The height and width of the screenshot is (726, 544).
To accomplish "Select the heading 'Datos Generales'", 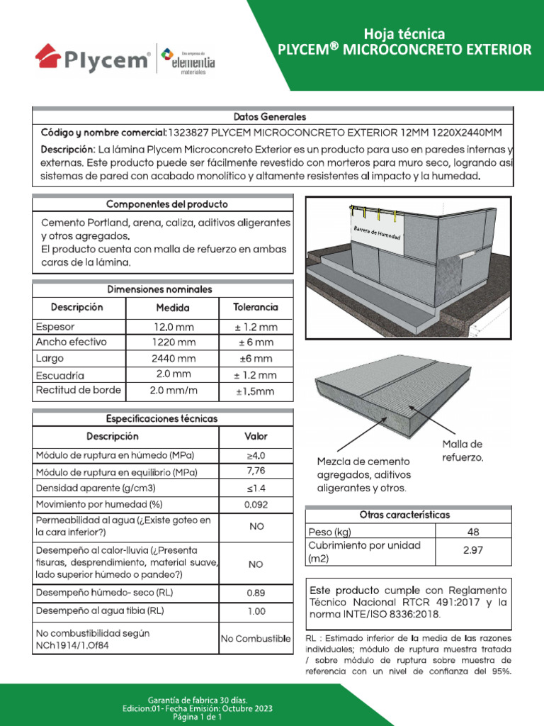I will pos(270,116).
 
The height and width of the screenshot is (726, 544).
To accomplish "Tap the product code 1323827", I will pos(189,133).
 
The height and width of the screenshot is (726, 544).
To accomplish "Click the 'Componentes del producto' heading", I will pos(167,204).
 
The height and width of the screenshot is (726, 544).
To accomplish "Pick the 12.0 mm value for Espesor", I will pos(173,328).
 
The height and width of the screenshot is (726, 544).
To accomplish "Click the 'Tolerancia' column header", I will pos(256,308).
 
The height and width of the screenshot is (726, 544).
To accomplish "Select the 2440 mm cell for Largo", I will pos(173,359).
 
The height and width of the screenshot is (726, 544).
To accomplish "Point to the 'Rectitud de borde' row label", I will pos(78,391).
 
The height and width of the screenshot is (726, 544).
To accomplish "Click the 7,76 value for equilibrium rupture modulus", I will pos(256,471).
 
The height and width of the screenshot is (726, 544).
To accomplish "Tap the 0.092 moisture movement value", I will pos(256,505).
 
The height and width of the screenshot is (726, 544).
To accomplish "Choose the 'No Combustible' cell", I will pos(256,640).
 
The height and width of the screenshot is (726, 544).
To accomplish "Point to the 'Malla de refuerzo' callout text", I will pos(463,451).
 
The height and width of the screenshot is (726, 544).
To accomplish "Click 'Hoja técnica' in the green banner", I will pos(404,33).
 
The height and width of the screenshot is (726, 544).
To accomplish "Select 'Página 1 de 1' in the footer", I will pos(198,717).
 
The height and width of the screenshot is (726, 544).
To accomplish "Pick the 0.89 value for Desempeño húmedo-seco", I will pos(256,593).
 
